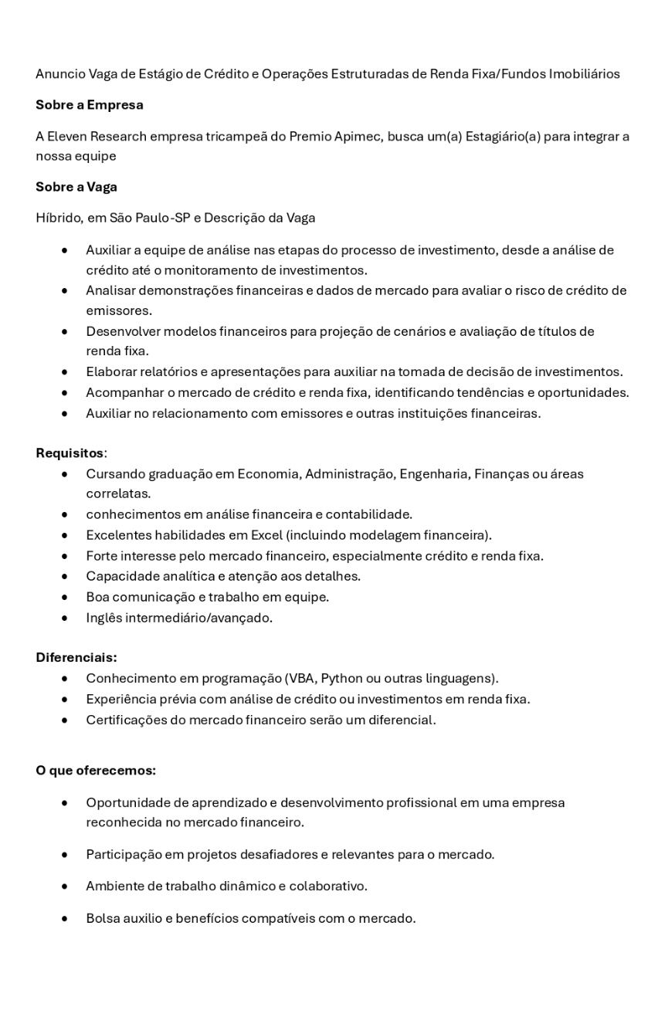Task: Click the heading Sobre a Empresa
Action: tap(90, 104)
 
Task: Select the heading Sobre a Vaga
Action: tap(76, 187)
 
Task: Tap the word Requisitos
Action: tap(70, 453)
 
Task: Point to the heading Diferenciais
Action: tap(76, 657)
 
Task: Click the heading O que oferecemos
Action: tap(95, 770)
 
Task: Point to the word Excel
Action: tap(266, 535)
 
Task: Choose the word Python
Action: tap(341, 678)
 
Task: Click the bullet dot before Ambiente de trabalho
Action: tap(65, 886)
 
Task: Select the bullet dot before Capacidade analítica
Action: tap(65, 577)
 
